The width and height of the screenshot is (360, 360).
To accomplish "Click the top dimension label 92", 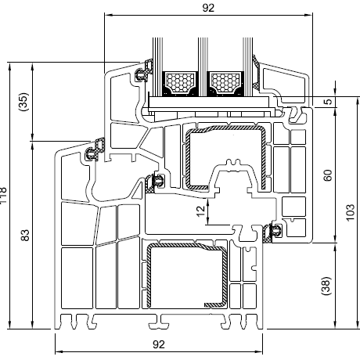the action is coord(208,8).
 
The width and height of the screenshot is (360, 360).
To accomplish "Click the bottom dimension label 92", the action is coord(159,344).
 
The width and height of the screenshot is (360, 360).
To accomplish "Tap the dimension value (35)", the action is coord(23,102).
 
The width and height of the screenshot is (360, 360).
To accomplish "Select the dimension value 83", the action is coord(25,236).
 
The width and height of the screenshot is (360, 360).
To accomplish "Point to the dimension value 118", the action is coord(2,196).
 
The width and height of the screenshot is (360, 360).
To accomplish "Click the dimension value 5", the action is coord(329,102).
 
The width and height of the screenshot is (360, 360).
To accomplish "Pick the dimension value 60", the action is coord(328,175).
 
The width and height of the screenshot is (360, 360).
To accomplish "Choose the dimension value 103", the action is coord(351,212).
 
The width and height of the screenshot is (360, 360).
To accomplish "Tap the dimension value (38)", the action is coord(326,286).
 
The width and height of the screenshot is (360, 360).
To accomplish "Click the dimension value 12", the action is coord(201,211).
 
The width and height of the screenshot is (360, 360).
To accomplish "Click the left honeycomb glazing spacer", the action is coord(181,82).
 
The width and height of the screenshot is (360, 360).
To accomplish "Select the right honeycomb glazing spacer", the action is coord(225,82).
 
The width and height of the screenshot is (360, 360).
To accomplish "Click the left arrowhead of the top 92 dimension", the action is coord(107,15).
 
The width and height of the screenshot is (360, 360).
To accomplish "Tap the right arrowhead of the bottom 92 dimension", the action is coord(260,351).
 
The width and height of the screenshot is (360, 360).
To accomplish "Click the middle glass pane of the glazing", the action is coord(203,67).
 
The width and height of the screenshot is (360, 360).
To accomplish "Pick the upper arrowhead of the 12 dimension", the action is coord(208,202).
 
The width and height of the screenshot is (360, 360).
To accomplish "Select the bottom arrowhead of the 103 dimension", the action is coord(357,325).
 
